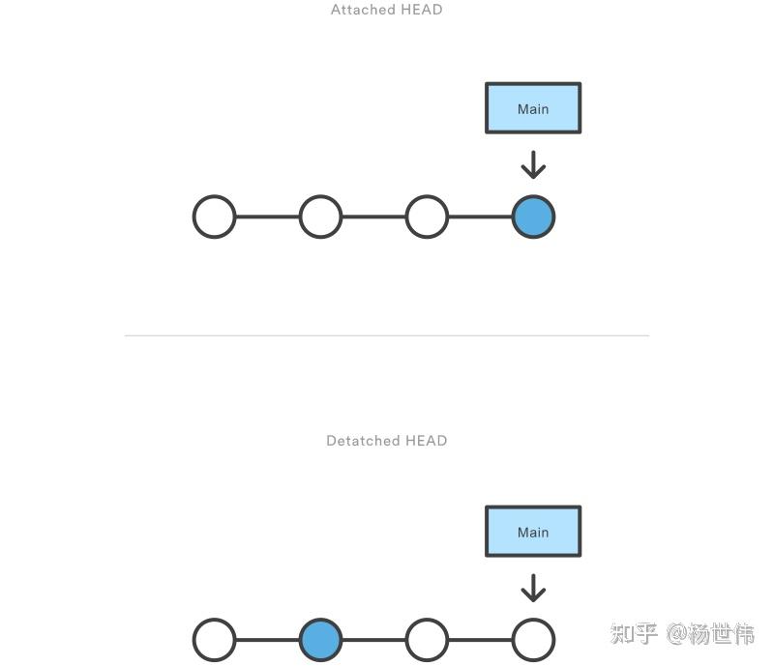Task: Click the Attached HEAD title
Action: point(386,10)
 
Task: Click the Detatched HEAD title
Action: point(386,441)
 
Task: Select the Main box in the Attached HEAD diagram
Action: point(533,108)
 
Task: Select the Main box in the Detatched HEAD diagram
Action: point(533,532)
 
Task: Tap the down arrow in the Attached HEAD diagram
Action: point(533,165)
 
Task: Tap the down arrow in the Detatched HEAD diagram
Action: point(533,588)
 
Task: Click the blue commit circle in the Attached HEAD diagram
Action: point(533,217)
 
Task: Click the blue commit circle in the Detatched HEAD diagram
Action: point(320,640)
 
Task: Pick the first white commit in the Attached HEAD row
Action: point(214,217)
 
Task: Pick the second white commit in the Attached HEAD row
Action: point(320,217)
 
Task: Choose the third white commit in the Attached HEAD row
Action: point(427,217)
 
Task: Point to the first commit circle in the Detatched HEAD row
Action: point(214,640)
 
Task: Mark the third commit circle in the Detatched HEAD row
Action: point(427,640)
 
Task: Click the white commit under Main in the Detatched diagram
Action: point(533,640)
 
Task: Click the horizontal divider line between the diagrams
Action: point(386,335)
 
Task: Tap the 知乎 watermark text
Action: point(634,634)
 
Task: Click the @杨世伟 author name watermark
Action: point(710,634)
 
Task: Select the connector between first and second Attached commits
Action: point(267,217)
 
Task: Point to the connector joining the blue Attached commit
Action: point(480,217)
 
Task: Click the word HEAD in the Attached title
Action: point(421,10)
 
